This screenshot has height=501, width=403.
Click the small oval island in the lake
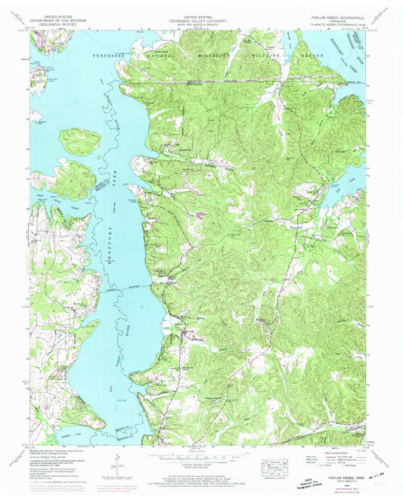(x=80, y=140)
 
